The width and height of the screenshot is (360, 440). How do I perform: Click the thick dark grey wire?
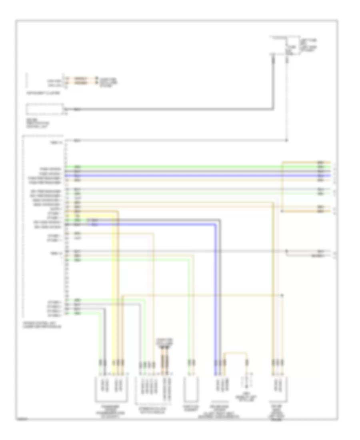click(172, 109)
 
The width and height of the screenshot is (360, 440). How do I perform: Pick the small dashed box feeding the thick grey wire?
click(44, 108)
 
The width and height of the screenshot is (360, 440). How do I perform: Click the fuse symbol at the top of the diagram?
click(288, 47)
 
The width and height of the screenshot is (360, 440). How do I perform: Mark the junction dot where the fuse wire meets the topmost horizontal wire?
click(287, 140)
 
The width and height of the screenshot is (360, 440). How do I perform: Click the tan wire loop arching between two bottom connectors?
click(236, 354)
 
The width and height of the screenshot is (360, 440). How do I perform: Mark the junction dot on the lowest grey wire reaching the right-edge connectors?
click(286, 251)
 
